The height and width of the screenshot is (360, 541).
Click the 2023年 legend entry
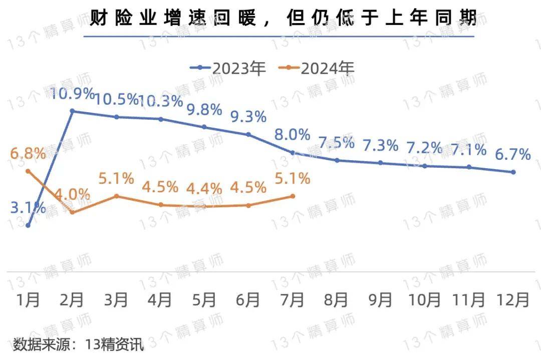(228, 68)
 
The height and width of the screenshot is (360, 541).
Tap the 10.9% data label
(73, 94)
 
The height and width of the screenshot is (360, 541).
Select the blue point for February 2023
(72, 111)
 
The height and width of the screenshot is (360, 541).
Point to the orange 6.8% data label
(28, 153)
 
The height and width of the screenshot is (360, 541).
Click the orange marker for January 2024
(28, 171)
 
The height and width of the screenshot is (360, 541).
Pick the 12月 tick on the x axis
(513, 300)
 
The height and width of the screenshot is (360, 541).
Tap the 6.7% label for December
(512, 155)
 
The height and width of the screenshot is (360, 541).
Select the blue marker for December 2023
(513, 172)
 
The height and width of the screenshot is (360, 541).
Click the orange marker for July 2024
(293, 196)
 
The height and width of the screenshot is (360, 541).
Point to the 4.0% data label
(73, 194)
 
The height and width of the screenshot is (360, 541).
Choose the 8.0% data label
(293, 135)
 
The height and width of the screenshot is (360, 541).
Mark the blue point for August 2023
(337, 160)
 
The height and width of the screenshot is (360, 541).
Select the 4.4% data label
(204, 189)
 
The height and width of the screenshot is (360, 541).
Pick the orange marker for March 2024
(116, 196)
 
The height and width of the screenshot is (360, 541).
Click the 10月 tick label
(425, 300)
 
